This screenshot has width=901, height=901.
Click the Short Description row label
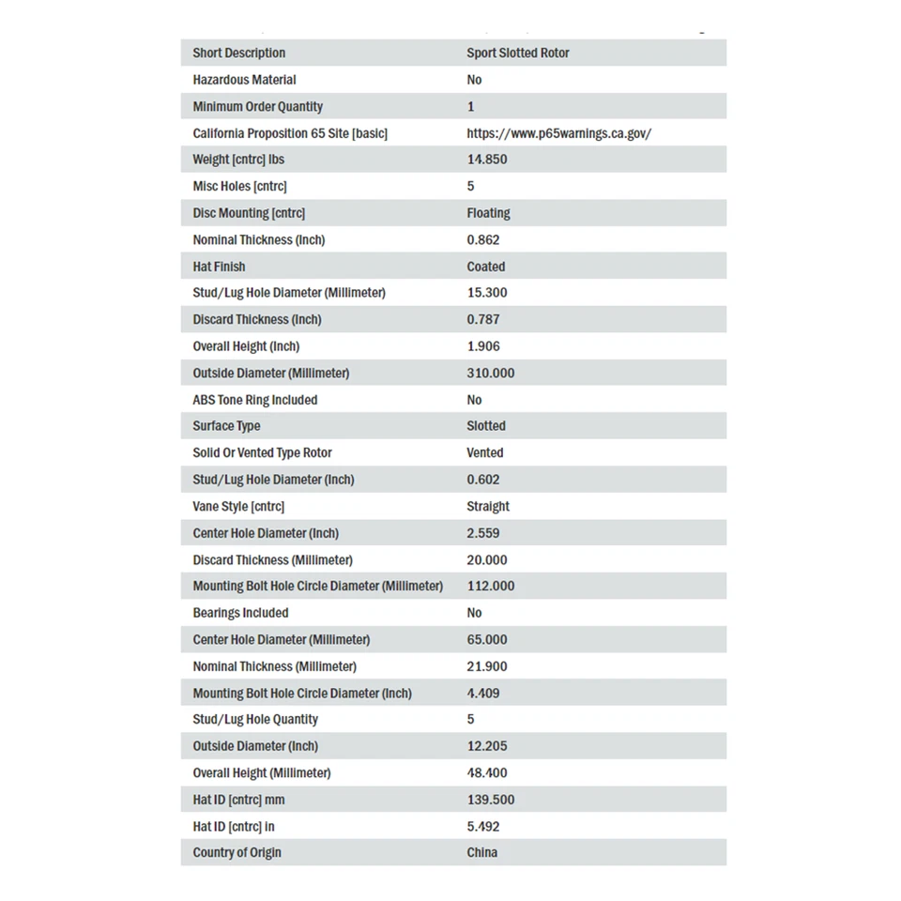(238, 53)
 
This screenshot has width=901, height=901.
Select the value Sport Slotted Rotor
(517, 53)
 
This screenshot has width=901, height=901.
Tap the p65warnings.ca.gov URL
(558, 133)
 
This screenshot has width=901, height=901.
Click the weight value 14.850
(486, 160)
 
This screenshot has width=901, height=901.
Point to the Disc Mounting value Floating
(488, 213)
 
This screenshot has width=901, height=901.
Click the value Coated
(485, 267)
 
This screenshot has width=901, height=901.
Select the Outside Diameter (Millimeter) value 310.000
(490, 373)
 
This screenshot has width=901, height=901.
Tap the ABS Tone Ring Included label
(254, 400)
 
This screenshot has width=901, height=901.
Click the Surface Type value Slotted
(485, 426)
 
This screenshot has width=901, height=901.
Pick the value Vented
(484, 452)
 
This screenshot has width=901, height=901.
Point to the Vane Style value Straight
(488, 506)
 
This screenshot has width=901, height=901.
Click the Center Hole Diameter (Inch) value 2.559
(482, 533)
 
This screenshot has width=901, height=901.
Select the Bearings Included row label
(240, 613)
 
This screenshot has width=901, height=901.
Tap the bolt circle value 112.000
(490, 586)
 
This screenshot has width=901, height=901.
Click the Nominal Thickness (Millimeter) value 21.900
(486, 666)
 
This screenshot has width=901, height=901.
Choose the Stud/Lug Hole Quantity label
(255, 720)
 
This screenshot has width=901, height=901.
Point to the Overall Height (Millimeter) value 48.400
(486, 773)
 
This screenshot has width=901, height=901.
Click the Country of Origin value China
(481, 853)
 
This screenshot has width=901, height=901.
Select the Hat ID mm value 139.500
(490, 800)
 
